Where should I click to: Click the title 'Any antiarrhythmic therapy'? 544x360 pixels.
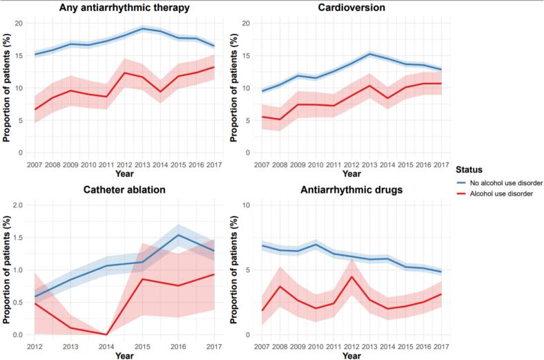tap(124, 8)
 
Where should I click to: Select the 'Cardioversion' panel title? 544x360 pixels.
tap(351, 8)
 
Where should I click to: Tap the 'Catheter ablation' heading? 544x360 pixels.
tap(124, 189)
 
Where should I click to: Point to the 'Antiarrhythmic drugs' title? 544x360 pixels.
tap(351, 190)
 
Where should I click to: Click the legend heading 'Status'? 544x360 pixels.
tap(469, 170)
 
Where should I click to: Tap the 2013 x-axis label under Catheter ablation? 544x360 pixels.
tap(71, 346)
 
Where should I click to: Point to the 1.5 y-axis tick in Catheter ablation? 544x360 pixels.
tap(17, 238)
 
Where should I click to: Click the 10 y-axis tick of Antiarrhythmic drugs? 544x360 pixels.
tap(246, 205)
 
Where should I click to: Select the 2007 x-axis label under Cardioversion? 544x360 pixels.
tap(262, 164)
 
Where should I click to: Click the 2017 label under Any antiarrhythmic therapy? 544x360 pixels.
tap(214, 164)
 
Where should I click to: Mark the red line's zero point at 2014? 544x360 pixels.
tap(106, 334)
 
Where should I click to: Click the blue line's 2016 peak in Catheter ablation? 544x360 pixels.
tap(178, 235)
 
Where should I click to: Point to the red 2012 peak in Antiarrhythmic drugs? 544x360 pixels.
tap(351, 276)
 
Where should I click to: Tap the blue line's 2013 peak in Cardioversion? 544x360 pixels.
tap(369, 54)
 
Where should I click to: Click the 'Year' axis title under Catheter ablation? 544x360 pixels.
tap(124, 355)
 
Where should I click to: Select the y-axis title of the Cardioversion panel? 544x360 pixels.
tap(234, 88)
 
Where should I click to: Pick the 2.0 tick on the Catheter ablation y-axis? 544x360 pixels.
tap(17, 205)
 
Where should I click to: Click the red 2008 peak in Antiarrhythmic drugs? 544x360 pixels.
tap(280, 286)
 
